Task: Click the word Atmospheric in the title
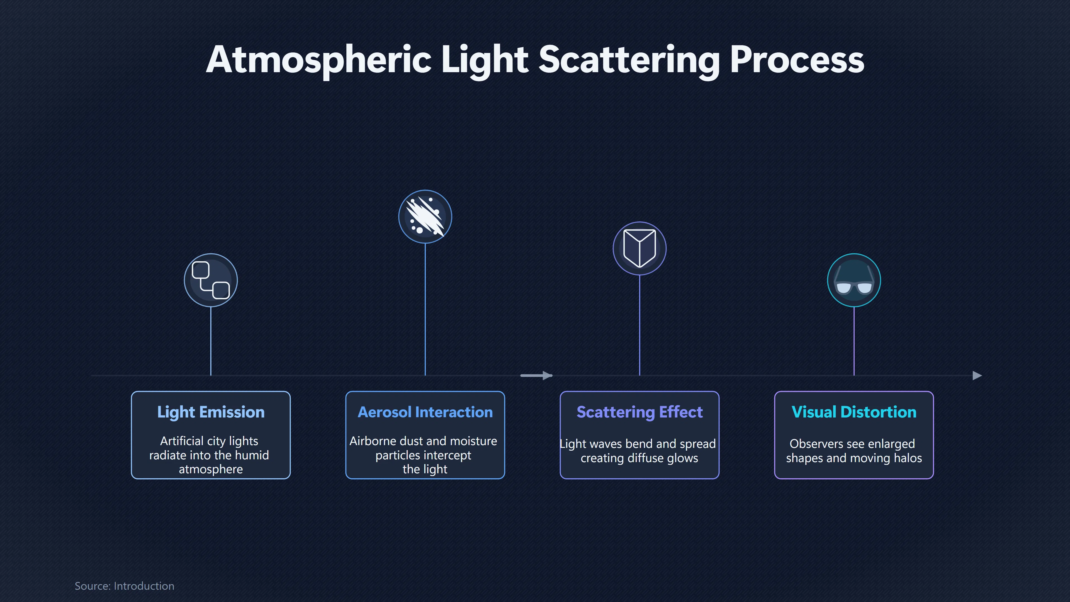(318, 60)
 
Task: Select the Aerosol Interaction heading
(425, 412)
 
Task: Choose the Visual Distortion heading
(853, 412)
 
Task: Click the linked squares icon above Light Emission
(211, 280)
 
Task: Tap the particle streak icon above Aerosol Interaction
(425, 217)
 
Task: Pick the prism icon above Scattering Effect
(639, 248)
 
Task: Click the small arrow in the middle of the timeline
(536, 376)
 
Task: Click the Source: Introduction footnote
(124, 586)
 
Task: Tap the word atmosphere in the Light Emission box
(211, 469)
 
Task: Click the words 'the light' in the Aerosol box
(425, 469)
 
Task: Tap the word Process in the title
(797, 60)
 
